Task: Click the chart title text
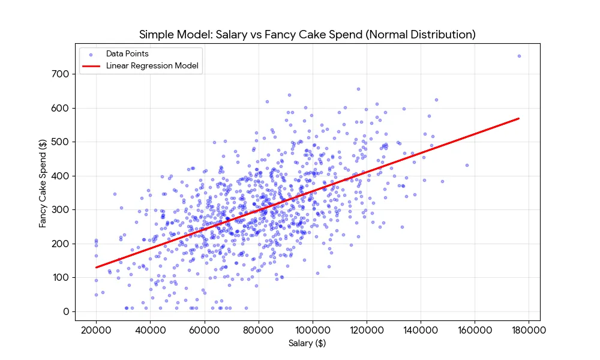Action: (x=307, y=34)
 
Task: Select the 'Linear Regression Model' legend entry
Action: (x=152, y=65)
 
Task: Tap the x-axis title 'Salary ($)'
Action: (x=307, y=343)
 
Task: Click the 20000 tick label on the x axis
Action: (x=96, y=329)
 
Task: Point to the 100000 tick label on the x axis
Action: (x=312, y=329)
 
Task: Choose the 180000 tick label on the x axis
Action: (x=528, y=329)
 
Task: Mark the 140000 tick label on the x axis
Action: (x=420, y=329)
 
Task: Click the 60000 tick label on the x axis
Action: (x=204, y=329)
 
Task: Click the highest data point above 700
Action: (x=519, y=56)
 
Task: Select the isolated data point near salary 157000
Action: (x=467, y=165)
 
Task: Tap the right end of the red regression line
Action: (x=518, y=119)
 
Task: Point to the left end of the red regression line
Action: (x=97, y=268)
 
